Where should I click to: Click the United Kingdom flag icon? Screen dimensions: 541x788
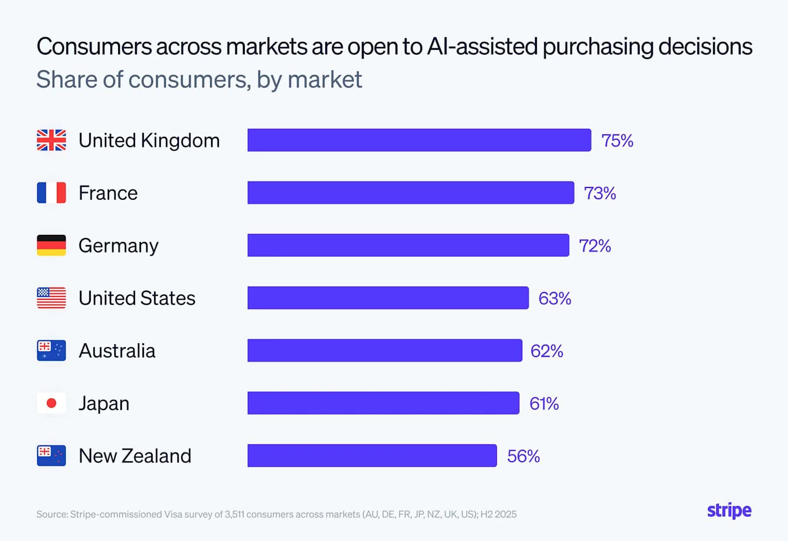[x=51, y=140]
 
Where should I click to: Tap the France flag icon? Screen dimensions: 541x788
[x=51, y=193]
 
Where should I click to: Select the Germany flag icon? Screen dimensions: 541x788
[x=51, y=245]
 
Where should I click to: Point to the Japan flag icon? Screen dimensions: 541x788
[x=51, y=403]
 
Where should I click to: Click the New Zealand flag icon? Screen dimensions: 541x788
[x=51, y=456]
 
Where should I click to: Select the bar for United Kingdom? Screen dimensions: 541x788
[x=419, y=140]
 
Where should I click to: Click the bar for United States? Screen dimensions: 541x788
[x=388, y=298]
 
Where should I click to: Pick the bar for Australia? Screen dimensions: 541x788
[x=385, y=351]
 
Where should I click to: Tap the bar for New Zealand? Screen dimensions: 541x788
[x=372, y=456]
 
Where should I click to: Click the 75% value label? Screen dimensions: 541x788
[x=617, y=141]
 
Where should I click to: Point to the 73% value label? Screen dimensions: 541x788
[x=600, y=193]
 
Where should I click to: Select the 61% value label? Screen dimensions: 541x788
[x=544, y=404]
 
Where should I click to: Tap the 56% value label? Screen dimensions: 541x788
[x=523, y=456]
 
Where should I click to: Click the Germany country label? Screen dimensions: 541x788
[x=118, y=246]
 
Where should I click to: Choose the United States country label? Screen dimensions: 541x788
[x=137, y=298]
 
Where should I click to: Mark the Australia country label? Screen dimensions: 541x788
[x=117, y=351]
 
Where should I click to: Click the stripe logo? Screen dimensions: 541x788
[x=729, y=511]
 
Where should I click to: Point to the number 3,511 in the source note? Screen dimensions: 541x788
[x=234, y=514]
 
